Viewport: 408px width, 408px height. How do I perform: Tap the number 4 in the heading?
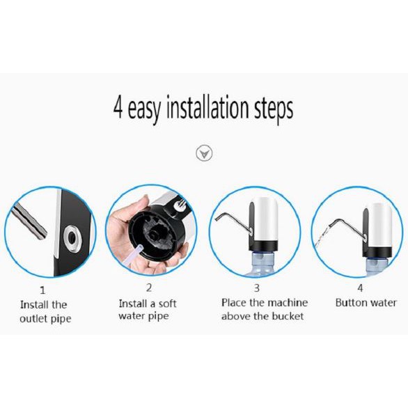point(118,107)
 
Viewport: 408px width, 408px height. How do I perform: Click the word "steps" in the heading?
point(274,109)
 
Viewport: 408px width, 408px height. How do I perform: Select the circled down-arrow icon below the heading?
point(204,153)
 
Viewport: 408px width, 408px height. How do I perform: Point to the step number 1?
point(42,290)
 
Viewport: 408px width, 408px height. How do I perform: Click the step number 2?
point(149,288)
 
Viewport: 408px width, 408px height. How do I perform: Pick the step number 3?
point(257,288)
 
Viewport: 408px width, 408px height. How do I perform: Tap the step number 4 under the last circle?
point(360,288)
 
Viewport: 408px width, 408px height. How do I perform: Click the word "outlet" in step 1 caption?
point(33,319)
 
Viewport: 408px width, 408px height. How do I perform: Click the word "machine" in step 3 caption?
point(288,303)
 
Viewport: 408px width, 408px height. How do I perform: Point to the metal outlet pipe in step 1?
point(30,221)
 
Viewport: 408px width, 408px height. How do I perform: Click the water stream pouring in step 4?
point(322,237)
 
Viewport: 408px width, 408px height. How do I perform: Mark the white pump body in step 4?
point(379,226)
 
